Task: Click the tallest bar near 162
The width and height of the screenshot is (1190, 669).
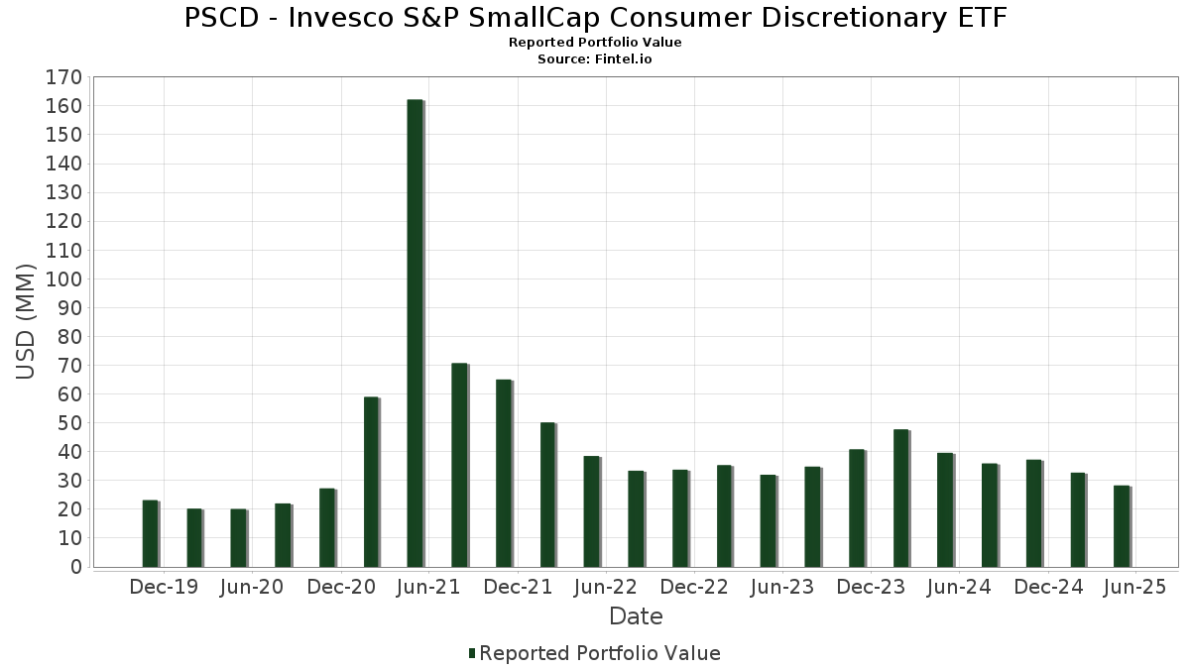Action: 415,333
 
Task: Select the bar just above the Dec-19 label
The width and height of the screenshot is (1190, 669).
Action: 150,533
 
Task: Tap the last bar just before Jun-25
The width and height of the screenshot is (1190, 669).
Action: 1122,526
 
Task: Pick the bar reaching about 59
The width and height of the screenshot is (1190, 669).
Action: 371,482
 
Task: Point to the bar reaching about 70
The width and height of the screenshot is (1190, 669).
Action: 459,465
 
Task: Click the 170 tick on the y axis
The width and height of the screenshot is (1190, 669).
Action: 63,77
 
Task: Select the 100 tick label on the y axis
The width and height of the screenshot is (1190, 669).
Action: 63,279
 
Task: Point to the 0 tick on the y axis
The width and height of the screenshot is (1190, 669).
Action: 74,568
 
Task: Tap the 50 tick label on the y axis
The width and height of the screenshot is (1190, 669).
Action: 68,423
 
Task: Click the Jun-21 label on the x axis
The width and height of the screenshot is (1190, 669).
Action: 428,588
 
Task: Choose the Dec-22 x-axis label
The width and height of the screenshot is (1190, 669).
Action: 694,588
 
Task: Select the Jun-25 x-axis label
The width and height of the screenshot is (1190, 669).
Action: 1134,588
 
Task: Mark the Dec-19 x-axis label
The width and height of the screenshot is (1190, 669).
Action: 164,588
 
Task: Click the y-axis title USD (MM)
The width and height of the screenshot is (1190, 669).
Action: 26,321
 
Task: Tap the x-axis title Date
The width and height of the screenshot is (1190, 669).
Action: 636,616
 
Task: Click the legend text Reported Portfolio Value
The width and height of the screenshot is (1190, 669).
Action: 600,653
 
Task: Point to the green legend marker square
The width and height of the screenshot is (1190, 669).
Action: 472,653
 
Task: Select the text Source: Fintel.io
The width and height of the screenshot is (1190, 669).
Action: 595,58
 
